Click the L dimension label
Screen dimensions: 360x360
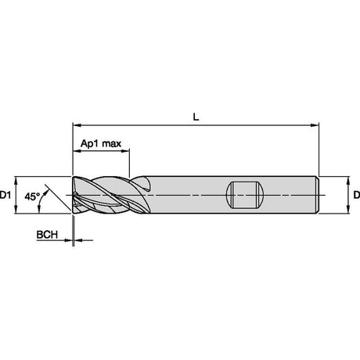(x=196, y=117)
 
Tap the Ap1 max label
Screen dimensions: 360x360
(x=101, y=143)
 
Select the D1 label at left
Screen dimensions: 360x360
(x=5, y=195)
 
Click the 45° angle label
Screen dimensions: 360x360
(x=32, y=196)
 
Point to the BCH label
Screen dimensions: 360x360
(x=47, y=235)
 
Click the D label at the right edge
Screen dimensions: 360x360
(x=357, y=195)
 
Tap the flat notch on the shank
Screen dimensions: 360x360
(x=245, y=195)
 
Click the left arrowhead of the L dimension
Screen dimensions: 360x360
(x=77, y=125)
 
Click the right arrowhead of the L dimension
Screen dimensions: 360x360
(x=315, y=125)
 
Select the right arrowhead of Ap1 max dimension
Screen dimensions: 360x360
(x=125, y=150)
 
